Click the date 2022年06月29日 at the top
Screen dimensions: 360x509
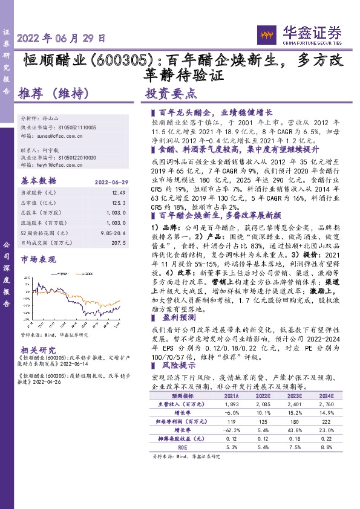pos(62,37)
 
